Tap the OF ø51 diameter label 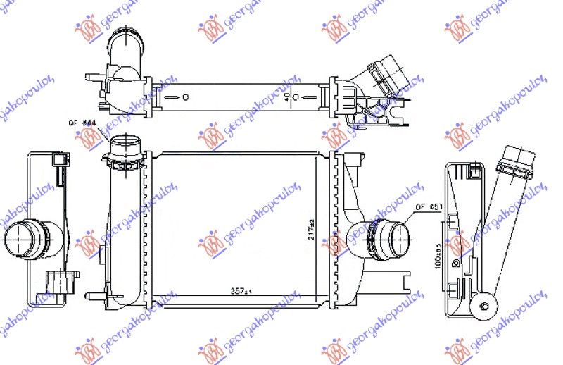[428, 206]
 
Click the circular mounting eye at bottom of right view [483, 304]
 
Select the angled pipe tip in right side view [517, 157]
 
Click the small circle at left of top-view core [186, 97]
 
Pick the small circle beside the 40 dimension [296, 97]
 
